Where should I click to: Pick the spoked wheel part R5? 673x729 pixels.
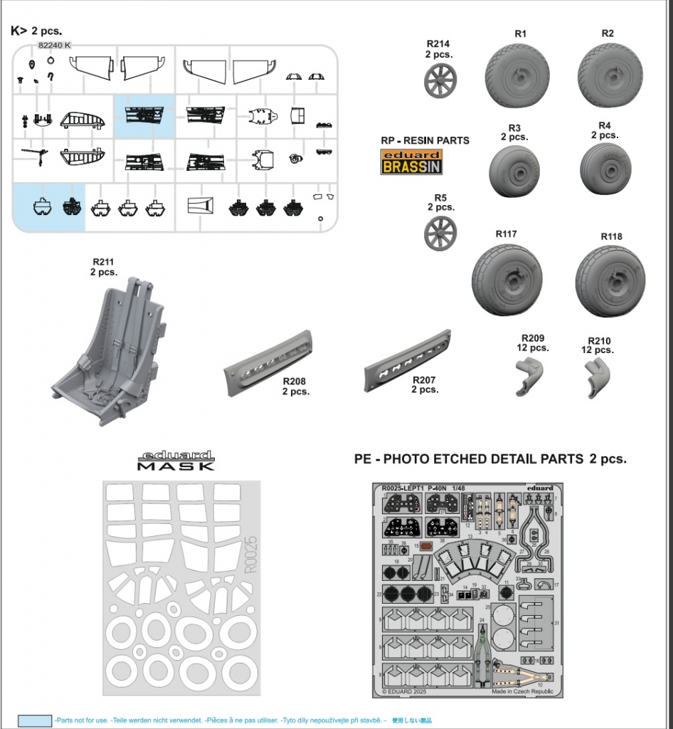440,234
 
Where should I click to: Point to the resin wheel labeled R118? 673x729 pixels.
610,280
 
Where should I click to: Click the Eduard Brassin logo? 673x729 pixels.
410,163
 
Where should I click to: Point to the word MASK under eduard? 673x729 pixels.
175,466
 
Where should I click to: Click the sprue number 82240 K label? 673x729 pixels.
54,45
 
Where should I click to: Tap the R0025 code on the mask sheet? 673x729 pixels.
249,555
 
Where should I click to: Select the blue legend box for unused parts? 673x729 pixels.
35,720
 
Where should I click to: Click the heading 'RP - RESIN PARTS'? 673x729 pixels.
425,140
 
